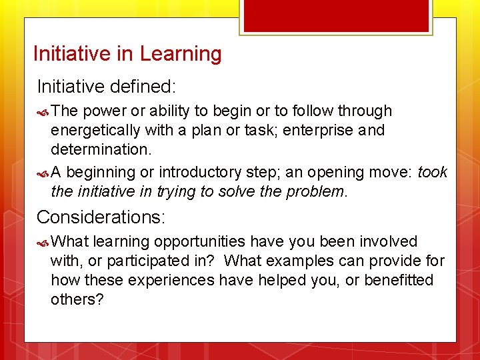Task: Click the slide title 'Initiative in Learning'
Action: click(x=127, y=53)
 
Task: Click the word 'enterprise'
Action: click(x=318, y=130)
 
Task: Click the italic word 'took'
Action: click(x=433, y=173)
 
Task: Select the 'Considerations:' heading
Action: click(x=101, y=217)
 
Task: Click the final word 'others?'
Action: click(x=77, y=299)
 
